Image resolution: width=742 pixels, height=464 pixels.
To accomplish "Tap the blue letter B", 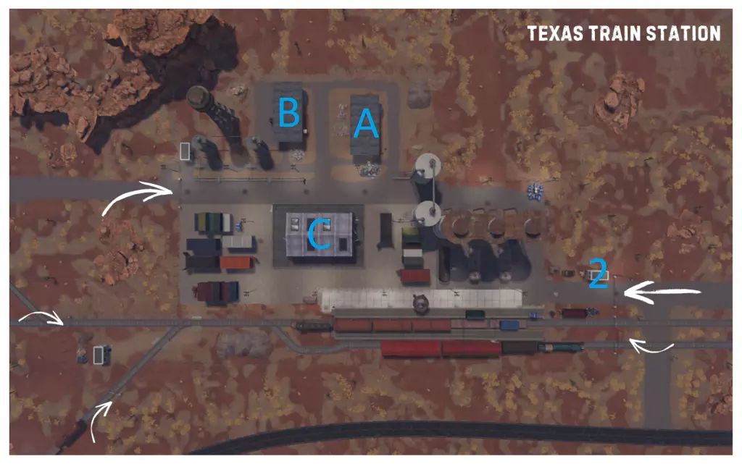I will [x=288, y=113].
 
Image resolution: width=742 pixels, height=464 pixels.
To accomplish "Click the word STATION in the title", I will [x=685, y=33].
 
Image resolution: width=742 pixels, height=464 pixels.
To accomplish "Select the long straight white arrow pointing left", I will [x=662, y=292].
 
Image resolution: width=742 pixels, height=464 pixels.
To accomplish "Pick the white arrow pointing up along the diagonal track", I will [x=101, y=419].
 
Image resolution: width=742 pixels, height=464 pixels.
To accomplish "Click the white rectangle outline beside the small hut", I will [x=99, y=355].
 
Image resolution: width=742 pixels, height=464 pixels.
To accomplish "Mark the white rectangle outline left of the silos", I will [x=185, y=151].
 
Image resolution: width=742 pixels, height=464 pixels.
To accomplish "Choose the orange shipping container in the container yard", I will [x=235, y=263].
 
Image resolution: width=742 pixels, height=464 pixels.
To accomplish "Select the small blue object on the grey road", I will [x=537, y=190].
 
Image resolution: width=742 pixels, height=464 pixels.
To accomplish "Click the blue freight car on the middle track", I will [x=509, y=325].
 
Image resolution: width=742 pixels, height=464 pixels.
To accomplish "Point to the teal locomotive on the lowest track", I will [x=562, y=347].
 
